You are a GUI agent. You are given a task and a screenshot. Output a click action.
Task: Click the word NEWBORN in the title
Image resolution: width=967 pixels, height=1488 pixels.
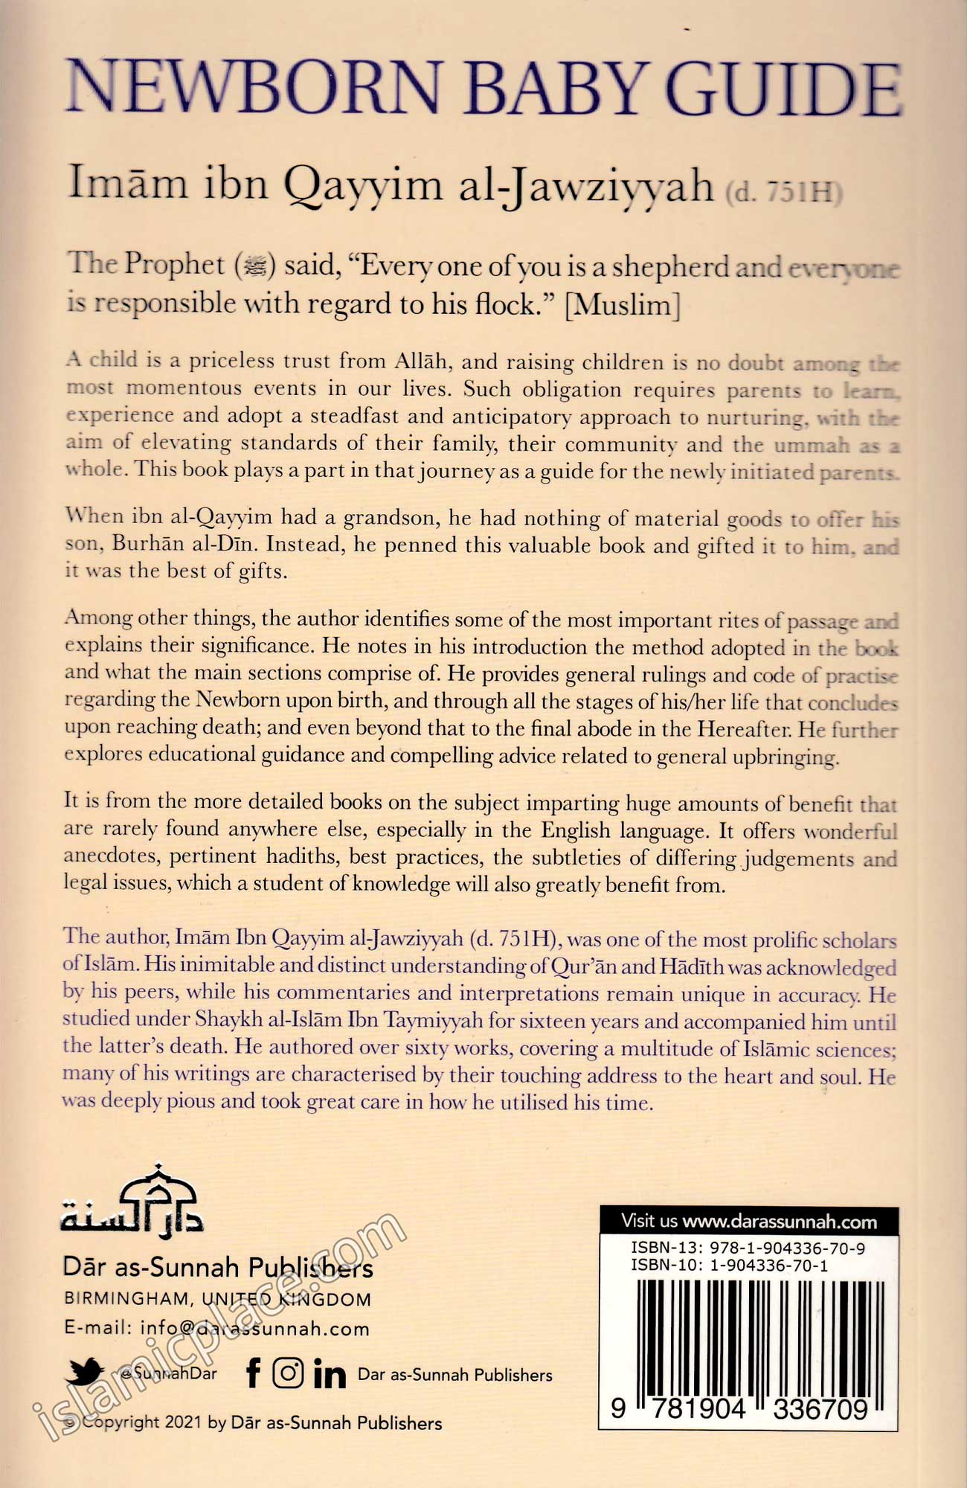254,89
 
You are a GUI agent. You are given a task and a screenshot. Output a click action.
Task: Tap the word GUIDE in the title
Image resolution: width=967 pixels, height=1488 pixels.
778,91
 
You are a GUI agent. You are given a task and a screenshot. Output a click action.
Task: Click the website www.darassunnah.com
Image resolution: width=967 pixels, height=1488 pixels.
780,1221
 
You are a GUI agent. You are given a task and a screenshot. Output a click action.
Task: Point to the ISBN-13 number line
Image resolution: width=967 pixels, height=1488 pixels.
748,1248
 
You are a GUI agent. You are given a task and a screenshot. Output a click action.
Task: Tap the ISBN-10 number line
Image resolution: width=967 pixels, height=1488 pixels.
730,1265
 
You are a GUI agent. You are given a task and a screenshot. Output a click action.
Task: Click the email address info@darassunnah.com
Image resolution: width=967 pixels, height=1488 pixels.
254,1329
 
